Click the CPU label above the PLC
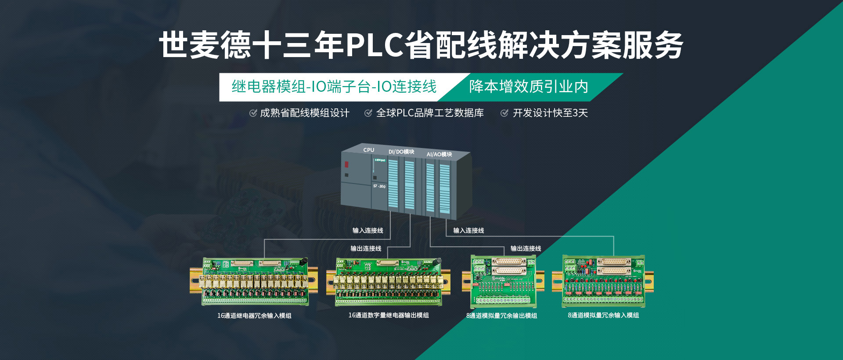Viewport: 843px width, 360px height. (x=368, y=150)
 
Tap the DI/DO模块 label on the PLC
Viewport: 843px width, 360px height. (x=401, y=152)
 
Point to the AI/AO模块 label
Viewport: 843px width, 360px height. (x=439, y=155)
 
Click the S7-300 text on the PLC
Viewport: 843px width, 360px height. (x=379, y=186)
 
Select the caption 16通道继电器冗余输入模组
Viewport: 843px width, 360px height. (x=254, y=316)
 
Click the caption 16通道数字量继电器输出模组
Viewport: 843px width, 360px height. (x=389, y=315)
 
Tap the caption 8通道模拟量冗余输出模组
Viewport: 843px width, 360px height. (x=501, y=316)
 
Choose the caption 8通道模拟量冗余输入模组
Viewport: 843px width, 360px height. (x=603, y=315)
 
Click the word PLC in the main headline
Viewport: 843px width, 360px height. (x=375, y=45)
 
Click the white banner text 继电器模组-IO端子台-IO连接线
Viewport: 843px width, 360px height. (x=334, y=87)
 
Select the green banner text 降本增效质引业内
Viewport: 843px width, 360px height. (x=529, y=87)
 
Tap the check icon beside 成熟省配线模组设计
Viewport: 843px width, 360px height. (x=253, y=113)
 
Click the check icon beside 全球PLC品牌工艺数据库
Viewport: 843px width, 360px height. (x=368, y=113)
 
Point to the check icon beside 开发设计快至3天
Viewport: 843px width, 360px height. (x=504, y=113)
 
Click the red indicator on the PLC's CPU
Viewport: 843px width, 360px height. (x=346, y=165)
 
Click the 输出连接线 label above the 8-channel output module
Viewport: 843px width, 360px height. (x=526, y=248)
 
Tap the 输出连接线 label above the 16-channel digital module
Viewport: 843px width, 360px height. (x=366, y=248)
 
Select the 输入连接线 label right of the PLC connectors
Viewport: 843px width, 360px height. (x=468, y=230)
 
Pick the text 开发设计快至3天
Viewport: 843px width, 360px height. (x=550, y=113)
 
